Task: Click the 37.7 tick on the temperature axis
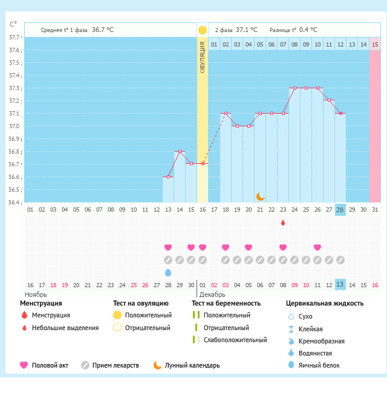click(x=13, y=37)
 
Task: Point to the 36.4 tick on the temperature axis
click(x=13, y=202)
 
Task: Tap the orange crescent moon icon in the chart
click(x=260, y=196)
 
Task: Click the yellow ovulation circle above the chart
click(x=202, y=30)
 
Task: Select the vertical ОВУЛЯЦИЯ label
click(x=202, y=57)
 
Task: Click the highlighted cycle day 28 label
click(x=340, y=210)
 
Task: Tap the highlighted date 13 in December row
click(x=340, y=285)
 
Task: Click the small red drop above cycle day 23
click(x=283, y=223)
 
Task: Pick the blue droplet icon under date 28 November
click(x=168, y=273)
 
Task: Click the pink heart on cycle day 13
click(x=168, y=247)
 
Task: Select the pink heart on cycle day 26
click(x=317, y=247)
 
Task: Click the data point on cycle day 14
click(x=180, y=151)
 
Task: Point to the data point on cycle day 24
click(x=294, y=88)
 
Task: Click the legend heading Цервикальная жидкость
click(x=325, y=303)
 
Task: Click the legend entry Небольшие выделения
click(x=65, y=328)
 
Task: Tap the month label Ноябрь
click(x=35, y=294)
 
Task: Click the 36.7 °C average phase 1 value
click(x=103, y=30)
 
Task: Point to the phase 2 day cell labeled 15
click(x=375, y=44)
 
